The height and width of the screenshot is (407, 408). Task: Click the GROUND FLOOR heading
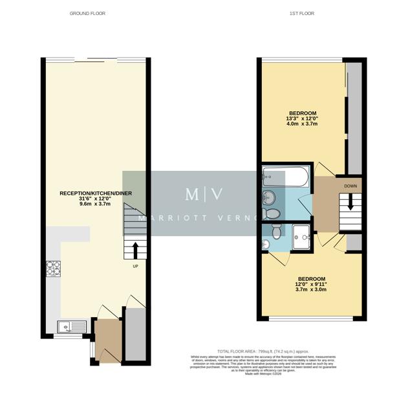87,13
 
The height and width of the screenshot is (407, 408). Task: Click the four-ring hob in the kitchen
53,267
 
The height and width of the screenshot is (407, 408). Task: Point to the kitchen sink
67,327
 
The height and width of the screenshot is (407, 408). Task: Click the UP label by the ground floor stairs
135,266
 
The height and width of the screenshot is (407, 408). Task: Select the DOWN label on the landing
350,186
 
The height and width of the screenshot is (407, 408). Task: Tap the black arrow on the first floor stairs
350,203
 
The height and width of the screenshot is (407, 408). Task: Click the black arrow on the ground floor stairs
135,250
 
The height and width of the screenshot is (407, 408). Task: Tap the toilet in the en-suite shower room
277,230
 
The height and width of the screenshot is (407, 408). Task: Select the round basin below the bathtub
270,197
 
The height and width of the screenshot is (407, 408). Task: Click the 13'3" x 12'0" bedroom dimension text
302,119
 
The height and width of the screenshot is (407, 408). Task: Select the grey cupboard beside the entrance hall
134,333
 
